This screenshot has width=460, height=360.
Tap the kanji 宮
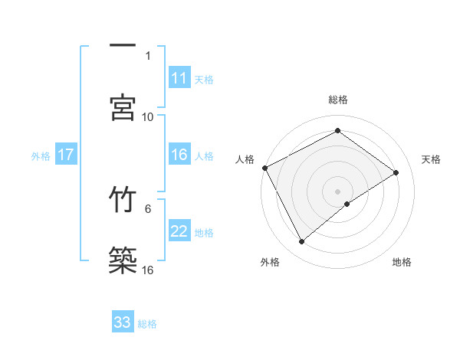pyautogui.click(x=123, y=106)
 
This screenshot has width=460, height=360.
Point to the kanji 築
pyautogui.click(x=123, y=260)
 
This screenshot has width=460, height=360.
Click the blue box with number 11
pyautogui.click(x=179, y=78)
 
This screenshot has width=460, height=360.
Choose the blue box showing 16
pyautogui.click(x=179, y=155)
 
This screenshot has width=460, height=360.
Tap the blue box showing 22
pyautogui.click(x=179, y=231)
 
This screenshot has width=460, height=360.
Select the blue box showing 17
pyautogui.click(x=66, y=155)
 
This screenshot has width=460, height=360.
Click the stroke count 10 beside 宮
pyautogui.click(x=148, y=116)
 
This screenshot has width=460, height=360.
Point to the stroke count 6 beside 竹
pyautogui.click(x=148, y=208)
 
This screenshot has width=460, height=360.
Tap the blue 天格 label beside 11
pyautogui.click(x=204, y=79)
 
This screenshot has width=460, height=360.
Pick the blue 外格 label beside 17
pyautogui.click(x=41, y=155)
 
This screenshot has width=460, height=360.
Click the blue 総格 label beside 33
pyautogui.click(x=147, y=323)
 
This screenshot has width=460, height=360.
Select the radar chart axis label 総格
pyautogui.click(x=337, y=100)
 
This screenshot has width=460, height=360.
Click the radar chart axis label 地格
pyautogui.click(x=402, y=262)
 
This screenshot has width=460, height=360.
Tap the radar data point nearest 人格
pyautogui.click(x=264, y=168)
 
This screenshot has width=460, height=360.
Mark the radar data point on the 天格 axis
pyautogui.click(x=396, y=172)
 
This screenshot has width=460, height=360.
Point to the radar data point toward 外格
pyautogui.click(x=301, y=242)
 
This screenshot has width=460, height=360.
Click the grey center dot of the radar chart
pyautogui.click(x=337, y=191)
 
